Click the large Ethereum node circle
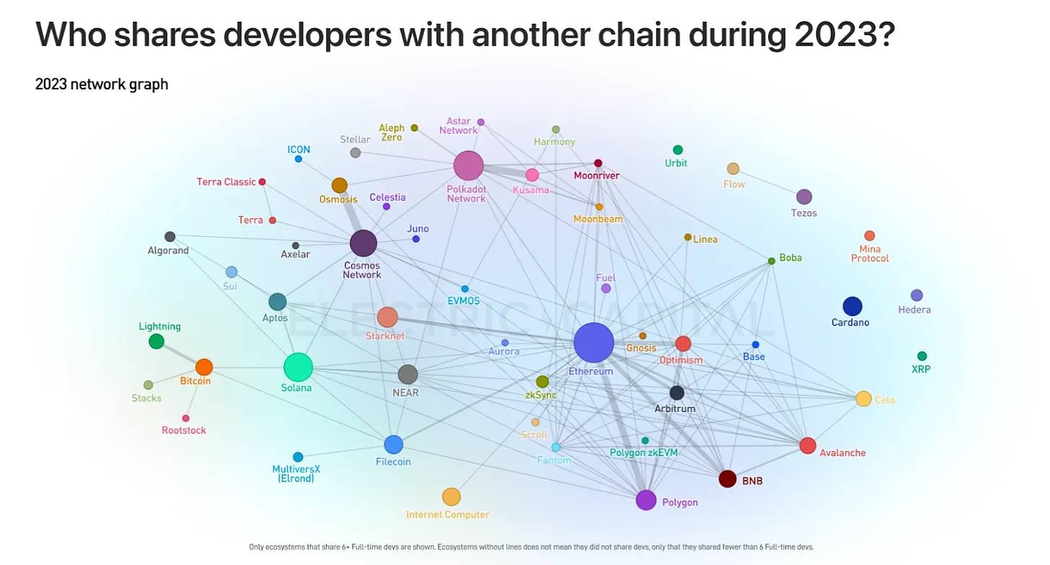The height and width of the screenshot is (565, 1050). (594, 343)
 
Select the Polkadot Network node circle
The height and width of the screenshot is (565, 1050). (468, 166)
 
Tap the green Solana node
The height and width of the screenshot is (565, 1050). (298, 367)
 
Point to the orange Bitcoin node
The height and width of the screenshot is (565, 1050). (204, 367)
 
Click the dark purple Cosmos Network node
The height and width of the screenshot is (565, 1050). (363, 243)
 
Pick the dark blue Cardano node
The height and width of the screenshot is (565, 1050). (852, 306)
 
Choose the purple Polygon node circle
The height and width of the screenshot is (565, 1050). (646, 499)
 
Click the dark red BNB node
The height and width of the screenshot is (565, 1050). (728, 478)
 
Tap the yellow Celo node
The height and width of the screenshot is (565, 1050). (863, 398)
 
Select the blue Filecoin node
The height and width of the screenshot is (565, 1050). (393, 444)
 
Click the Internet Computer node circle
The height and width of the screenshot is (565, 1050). (451, 496)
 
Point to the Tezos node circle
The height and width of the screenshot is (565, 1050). (804, 197)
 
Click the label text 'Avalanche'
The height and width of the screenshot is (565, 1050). (842, 453)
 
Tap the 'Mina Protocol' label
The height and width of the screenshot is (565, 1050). (870, 253)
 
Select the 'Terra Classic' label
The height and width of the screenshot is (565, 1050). (226, 182)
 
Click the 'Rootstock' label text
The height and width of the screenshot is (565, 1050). (184, 431)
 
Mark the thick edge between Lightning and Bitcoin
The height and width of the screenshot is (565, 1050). (180, 354)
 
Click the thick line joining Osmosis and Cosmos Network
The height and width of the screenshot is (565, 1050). (352, 215)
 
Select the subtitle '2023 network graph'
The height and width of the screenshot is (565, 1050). (102, 84)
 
